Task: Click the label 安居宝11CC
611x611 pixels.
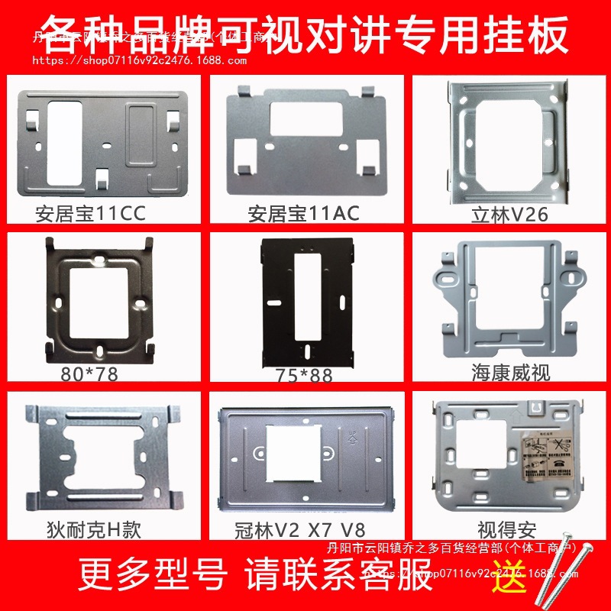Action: pyautogui.click(x=90, y=213)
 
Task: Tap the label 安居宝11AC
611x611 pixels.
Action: pyautogui.click(x=303, y=213)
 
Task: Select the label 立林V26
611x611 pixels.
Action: pyautogui.click(x=509, y=215)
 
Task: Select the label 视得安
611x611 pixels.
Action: pyautogui.click(x=507, y=529)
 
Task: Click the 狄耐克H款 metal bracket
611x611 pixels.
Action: pyautogui.click(x=102, y=458)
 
